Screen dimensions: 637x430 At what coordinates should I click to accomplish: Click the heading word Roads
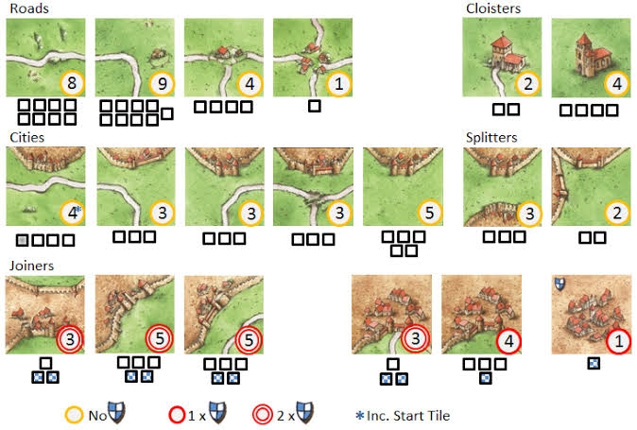29,9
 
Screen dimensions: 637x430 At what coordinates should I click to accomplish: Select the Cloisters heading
493,9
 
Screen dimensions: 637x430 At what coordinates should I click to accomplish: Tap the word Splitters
491,138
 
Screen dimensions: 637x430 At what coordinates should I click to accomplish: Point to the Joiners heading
32,266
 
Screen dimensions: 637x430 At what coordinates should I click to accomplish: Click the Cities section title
26,137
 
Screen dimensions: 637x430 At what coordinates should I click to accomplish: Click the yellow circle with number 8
72,83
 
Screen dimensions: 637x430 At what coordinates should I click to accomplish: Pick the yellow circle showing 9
162,84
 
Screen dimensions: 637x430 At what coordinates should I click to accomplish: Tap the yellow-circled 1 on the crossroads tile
338,84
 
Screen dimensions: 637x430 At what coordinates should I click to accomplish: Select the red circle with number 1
618,341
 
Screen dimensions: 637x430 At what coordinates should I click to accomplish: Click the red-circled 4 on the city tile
509,341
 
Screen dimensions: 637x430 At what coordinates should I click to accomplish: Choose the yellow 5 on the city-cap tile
429,213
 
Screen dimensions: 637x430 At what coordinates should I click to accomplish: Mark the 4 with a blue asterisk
73,213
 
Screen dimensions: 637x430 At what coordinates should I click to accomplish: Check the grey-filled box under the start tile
23,240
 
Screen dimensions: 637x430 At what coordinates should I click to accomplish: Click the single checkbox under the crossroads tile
315,107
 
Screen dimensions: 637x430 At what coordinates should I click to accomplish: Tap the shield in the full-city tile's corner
560,284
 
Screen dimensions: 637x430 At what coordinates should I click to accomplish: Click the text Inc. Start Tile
408,416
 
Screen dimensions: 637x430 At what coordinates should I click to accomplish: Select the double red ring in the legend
263,416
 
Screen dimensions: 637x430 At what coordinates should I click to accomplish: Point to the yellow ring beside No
75,416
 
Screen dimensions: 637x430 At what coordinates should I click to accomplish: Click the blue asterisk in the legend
359,416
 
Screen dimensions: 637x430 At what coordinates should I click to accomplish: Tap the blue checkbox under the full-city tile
594,363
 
